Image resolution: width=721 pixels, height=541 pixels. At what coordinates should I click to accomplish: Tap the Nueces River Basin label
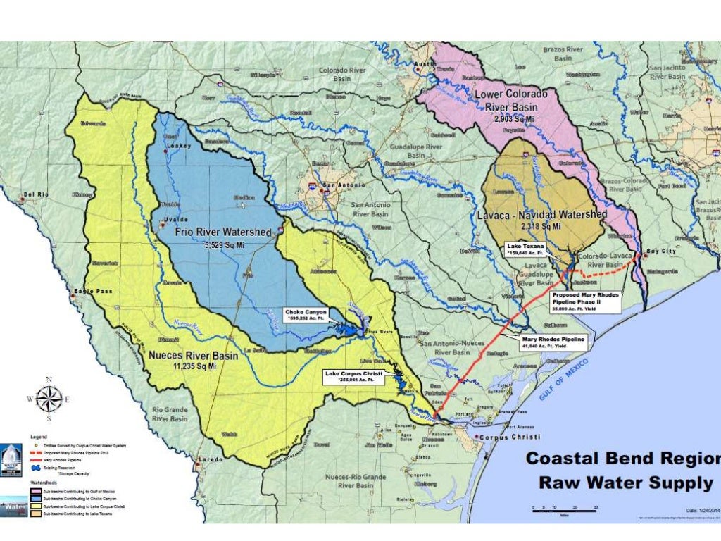[194, 356]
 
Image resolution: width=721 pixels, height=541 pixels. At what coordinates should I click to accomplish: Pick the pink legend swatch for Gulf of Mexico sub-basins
[35, 491]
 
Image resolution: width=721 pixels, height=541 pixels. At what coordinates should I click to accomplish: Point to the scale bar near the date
[563, 509]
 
